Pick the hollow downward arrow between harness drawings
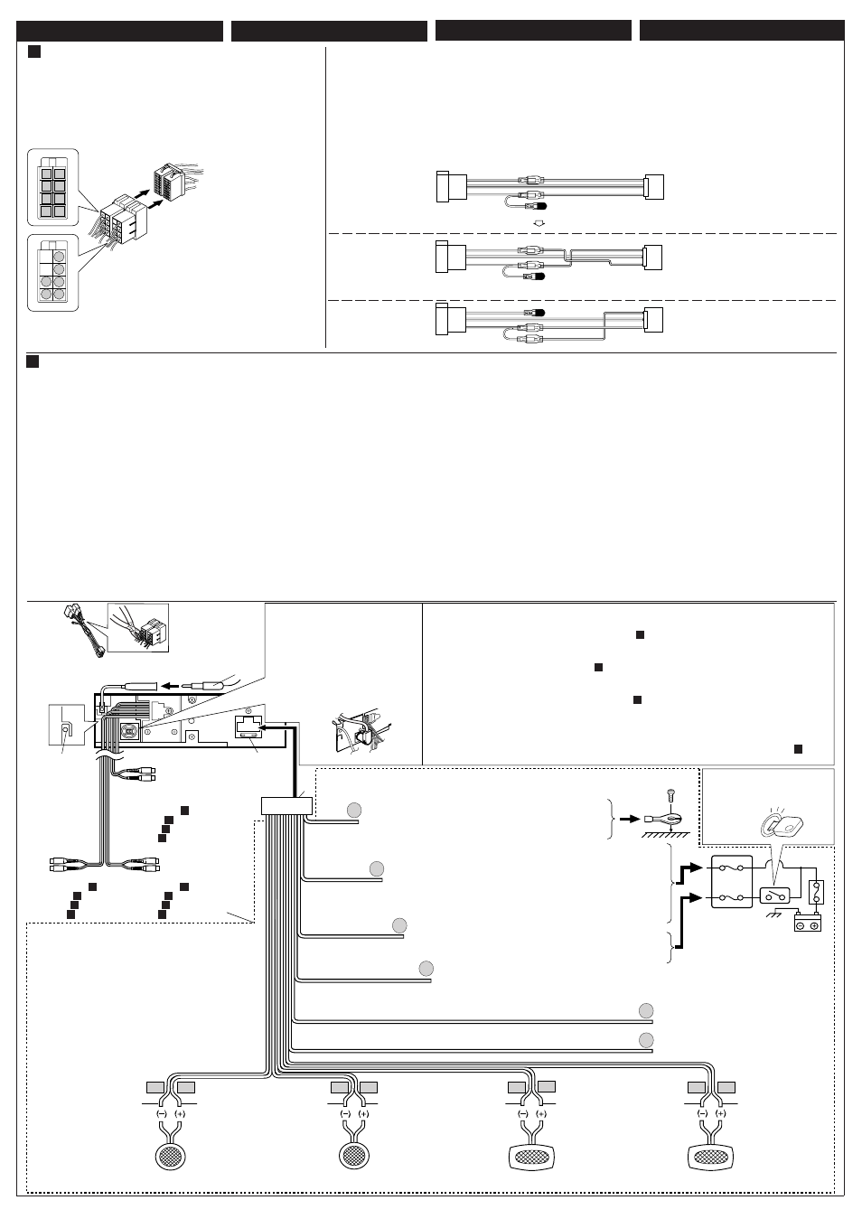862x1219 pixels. (x=538, y=222)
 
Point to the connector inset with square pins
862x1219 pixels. (x=52, y=187)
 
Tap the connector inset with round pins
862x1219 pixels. (x=52, y=273)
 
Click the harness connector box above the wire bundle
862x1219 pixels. (x=286, y=805)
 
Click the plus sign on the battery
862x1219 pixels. (x=813, y=925)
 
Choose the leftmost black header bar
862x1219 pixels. (x=119, y=31)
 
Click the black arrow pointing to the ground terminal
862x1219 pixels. (x=630, y=819)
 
